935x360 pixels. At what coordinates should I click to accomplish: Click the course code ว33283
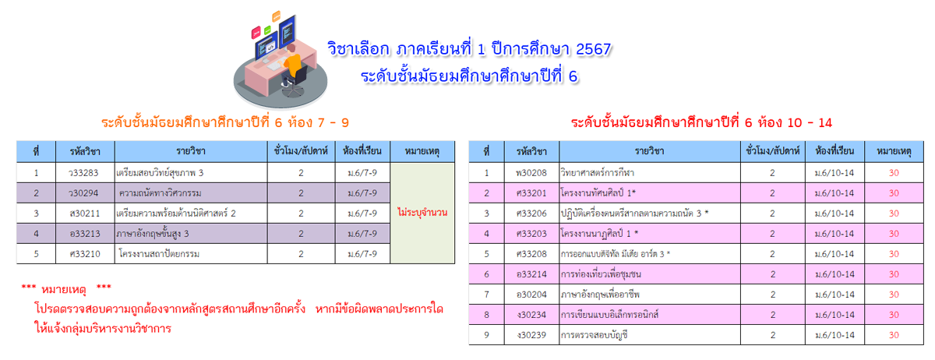83,173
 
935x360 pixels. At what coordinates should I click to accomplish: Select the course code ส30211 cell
85,214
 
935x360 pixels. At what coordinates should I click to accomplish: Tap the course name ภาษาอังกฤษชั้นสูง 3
153,234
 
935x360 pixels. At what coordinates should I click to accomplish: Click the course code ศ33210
85,254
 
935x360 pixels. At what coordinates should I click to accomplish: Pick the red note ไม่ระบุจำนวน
422,213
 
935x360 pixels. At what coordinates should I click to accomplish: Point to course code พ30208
531,173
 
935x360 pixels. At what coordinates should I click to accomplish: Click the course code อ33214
531,274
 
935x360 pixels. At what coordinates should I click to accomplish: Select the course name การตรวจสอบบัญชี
595,335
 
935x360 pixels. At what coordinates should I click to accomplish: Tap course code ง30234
531,315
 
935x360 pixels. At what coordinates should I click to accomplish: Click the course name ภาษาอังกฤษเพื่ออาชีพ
600,295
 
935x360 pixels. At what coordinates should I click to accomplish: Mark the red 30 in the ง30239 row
894,335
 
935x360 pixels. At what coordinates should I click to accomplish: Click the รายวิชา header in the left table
191,151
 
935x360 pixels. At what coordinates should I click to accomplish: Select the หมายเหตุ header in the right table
894,151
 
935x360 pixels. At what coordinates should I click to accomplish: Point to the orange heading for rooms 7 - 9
225,122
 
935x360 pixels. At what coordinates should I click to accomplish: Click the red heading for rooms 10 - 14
702,122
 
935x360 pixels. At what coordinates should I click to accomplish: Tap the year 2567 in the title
594,49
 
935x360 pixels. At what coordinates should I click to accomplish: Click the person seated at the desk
294,67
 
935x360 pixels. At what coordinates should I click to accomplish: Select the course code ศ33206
531,214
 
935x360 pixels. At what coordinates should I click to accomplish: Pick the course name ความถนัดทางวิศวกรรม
161,193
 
